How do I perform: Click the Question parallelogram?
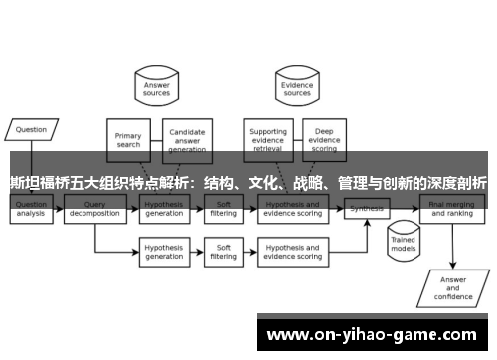point(31,128)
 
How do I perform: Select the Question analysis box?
point(31,209)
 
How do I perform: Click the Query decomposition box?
point(94,209)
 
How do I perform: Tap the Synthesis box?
point(367,209)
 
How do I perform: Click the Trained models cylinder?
point(403,242)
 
